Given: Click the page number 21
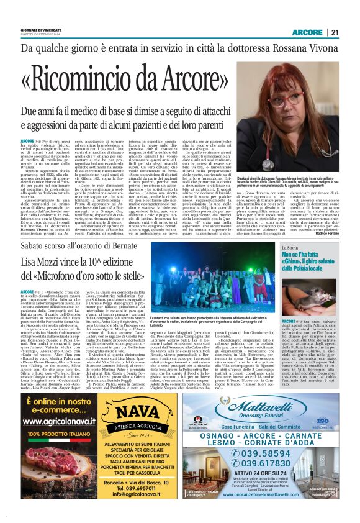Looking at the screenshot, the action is (x=335, y=32).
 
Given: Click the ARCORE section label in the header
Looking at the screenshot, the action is (x=308, y=32).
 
